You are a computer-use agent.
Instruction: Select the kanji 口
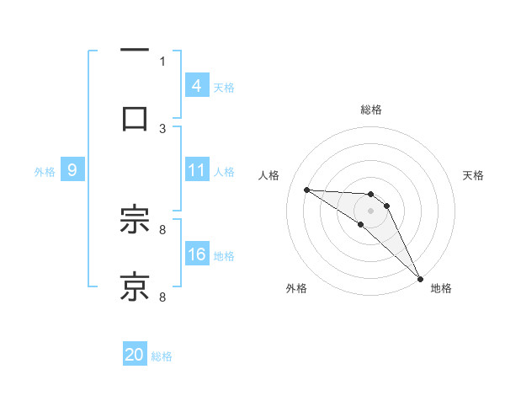pyautogui.click(x=134, y=116)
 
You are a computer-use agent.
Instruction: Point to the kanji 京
pyautogui.click(x=134, y=286)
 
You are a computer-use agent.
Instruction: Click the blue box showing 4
pyautogui.click(x=196, y=85)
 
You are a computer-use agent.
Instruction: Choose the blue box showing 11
pyautogui.click(x=196, y=170)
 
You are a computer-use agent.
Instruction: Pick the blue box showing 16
pyautogui.click(x=196, y=254)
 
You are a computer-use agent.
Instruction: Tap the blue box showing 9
pyautogui.click(x=72, y=170)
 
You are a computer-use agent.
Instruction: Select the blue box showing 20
pyautogui.click(x=134, y=355)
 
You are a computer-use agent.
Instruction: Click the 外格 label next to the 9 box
pyautogui.click(x=45, y=171)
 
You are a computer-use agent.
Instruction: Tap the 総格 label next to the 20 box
pyautogui.click(x=162, y=356)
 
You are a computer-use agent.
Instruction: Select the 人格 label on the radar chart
pyautogui.click(x=270, y=175)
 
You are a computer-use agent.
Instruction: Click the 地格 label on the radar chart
pyautogui.click(x=441, y=288)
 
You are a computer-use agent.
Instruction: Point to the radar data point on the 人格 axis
pyautogui.click(x=306, y=190)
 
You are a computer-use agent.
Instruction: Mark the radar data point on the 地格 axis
pyautogui.click(x=420, y=278)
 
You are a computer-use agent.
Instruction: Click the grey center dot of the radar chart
pyautogui.click(x=370, y=210)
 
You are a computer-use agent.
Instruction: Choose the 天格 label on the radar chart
pyautogui.click(x=473, y=175)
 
